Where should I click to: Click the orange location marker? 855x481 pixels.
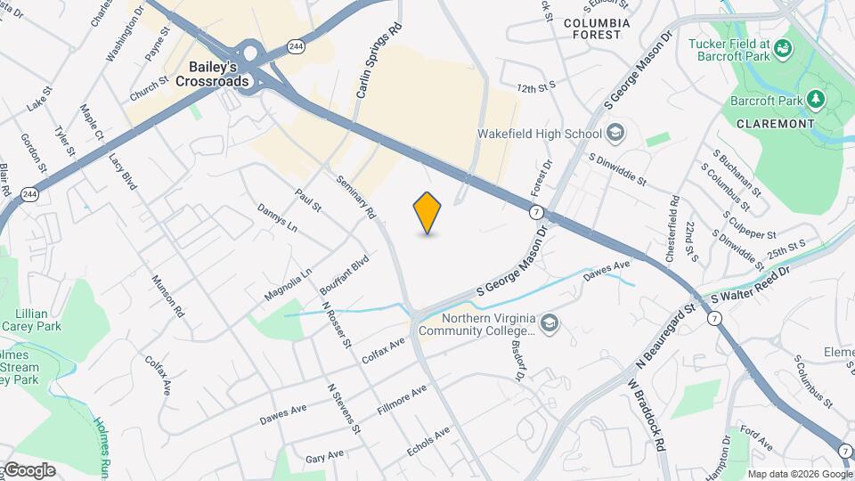point(427,213)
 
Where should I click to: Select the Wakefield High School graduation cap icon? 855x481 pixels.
point(615,135)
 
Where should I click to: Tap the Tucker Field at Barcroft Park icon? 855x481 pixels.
point(783,47)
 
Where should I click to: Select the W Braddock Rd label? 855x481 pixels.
point(647,415)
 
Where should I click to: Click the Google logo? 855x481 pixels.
point(28,469)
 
